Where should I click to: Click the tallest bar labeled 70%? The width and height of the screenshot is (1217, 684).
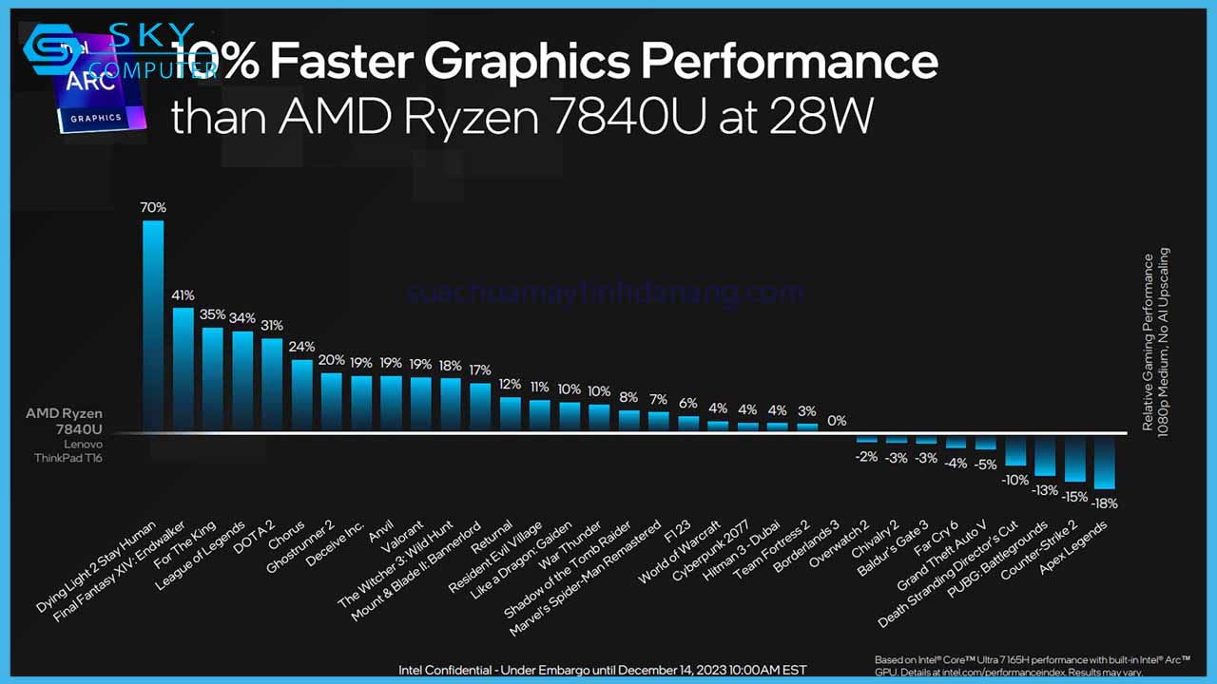[153, 326]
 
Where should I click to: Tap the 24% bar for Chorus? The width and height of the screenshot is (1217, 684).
[302, 395]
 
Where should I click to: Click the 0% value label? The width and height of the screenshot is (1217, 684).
[837, 421]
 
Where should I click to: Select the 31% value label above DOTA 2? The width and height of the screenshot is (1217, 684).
[272, 326]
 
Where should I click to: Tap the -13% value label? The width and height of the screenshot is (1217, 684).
[1045, 490]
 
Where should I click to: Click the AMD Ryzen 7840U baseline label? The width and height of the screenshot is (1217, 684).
[65, 421]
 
